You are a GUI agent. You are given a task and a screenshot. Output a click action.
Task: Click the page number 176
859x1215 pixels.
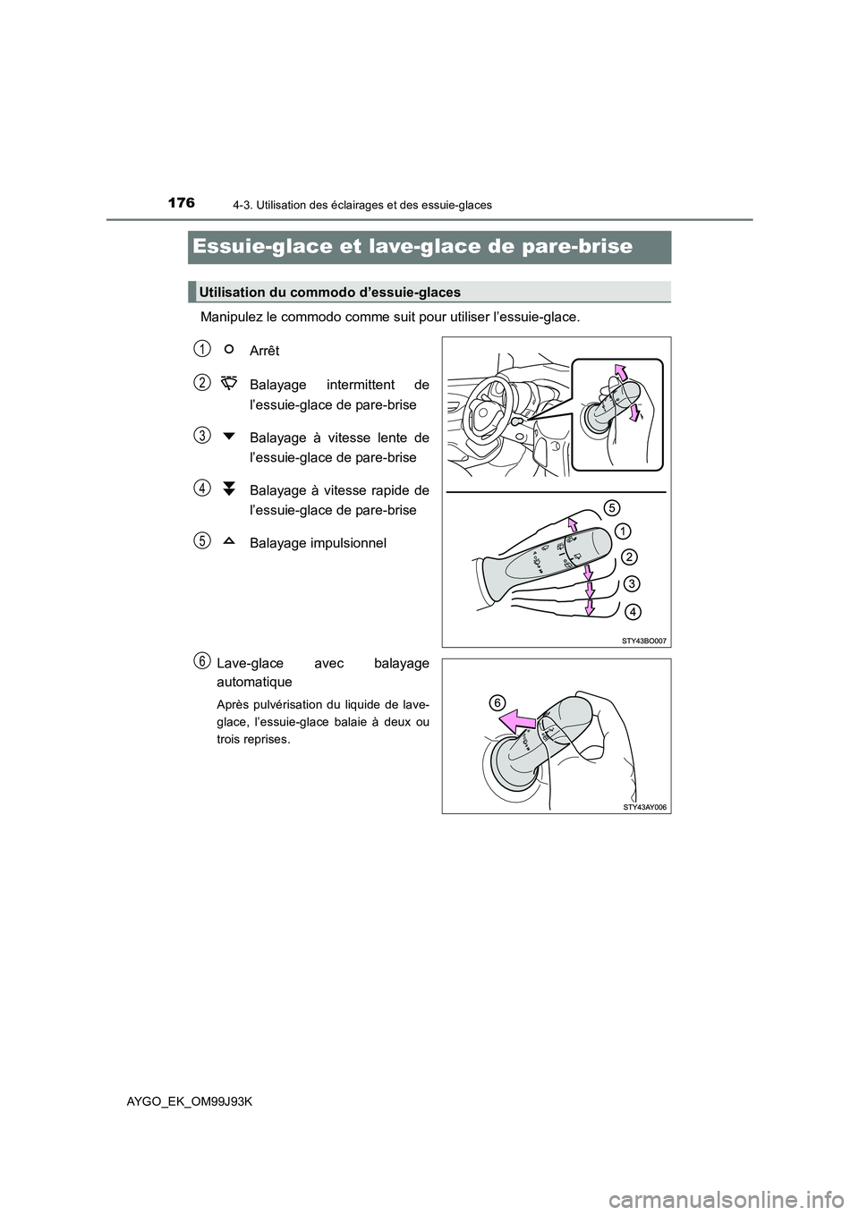[x=181, y=203]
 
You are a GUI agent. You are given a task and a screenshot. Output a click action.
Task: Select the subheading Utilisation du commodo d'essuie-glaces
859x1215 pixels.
[x=330, y=292]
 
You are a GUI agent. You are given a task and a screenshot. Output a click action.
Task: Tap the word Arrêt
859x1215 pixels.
[x=264, y=351]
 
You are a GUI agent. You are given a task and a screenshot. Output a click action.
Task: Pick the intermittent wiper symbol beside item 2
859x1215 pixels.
[x=228, y=383]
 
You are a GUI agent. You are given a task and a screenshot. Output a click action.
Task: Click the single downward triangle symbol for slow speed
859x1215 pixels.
[x=229, y=437]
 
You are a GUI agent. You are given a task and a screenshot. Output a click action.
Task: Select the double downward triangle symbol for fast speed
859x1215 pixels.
[x=229, y=489]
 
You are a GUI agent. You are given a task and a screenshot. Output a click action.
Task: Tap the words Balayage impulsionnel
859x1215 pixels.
[x=318, y=543]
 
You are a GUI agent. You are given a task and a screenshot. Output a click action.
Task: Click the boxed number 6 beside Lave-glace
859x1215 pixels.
[x=204, y=660]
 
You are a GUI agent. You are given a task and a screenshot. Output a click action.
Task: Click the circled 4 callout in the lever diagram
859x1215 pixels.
[x=632, y=612]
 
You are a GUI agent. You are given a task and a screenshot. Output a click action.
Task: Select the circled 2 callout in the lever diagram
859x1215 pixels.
[x=629, y=557]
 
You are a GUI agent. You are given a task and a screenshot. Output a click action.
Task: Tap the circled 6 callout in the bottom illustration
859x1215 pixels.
[x=497, y=702]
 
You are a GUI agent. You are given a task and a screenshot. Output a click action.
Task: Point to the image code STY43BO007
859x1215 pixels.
[x=645, y=641]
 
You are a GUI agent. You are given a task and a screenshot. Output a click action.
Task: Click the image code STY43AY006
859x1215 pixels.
[x=645, y=807]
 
